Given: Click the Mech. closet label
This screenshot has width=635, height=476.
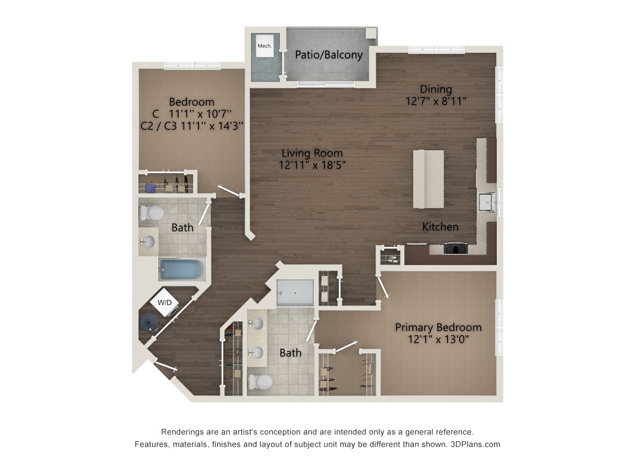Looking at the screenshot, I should point(264,46).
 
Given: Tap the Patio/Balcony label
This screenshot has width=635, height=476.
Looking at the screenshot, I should point(329,55).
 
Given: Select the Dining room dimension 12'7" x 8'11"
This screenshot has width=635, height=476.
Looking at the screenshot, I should point(436,101).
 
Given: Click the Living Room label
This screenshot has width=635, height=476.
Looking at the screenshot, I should point(312,153).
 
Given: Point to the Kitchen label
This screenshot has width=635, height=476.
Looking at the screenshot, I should point(440,227).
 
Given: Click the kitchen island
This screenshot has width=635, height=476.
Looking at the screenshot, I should point(429,179).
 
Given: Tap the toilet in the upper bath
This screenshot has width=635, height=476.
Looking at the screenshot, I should point(152,213).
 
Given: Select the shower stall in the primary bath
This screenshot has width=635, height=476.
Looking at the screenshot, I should point(295,293).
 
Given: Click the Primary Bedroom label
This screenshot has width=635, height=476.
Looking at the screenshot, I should point(438,327).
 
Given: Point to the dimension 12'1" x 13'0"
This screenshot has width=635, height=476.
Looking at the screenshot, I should point(438,340).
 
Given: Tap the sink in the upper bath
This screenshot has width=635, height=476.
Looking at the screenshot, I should point(148,242).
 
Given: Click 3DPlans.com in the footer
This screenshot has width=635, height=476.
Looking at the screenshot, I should point(475,444).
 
